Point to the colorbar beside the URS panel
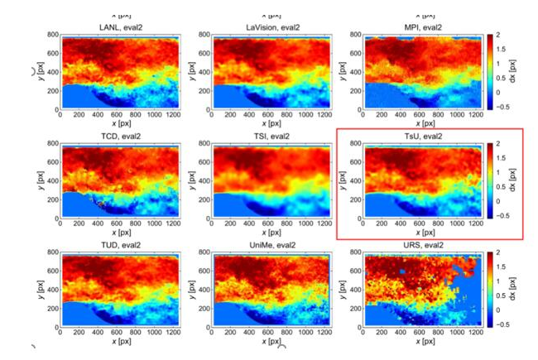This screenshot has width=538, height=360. (x=491, y=290)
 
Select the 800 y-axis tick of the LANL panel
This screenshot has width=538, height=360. (x=51, y=35)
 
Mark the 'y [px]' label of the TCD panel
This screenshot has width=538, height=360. (x=38, y=181)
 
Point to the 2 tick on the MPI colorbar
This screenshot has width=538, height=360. (x=502, y=36)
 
